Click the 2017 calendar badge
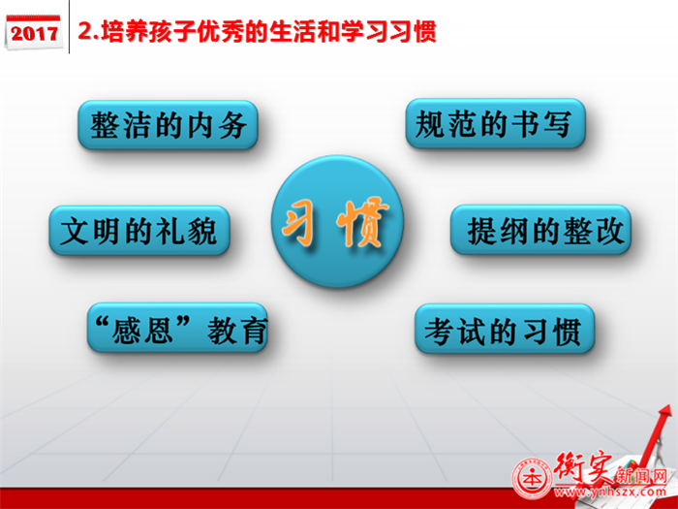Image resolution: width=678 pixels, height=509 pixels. pyautogui.click(x=33, y=32)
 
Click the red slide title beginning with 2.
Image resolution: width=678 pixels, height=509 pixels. pyautogui.click(x=257, y=31)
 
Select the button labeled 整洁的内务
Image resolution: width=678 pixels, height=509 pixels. pyautogui.click(x=168, y=125)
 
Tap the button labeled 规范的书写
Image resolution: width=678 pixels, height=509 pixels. pyautogui.click(x=496, y=123)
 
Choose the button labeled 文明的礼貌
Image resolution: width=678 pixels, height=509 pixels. pyautogui.click(x=139, y=231)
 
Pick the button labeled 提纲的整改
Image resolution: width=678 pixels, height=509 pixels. pyautogui.click(x=540, y=230)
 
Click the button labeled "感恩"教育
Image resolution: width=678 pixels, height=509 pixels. pyautogui.click(x=177, y=328)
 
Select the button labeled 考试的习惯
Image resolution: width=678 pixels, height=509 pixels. pyautogui.click(x=505, y=329)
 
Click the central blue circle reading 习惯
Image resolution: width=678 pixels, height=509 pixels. pyautogui.click(x=337, y=222)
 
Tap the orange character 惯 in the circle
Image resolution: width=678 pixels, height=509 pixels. pyautogui.click(x=362, y=221)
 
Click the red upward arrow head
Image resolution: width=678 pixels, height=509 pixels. pyautogui.click(x=663, y=412)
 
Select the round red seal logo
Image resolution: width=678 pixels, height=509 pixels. pyautogui.click(x=533, y=479)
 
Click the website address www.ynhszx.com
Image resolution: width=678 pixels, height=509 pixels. pyautogui.click(x=610, y=492)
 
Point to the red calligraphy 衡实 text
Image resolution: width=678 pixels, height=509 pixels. pyautogui.click(x=583, y=468)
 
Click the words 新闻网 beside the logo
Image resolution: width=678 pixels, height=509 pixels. pyautogui.click(x=641, y=476)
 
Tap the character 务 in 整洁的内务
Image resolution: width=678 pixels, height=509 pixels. pyautogui.click(x=233, y=125)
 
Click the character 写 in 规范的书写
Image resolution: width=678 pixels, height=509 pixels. pyautogui.click(x=557, y=123)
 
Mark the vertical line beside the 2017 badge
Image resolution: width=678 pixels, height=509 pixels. pyautogui.click(x=69, y=27)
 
